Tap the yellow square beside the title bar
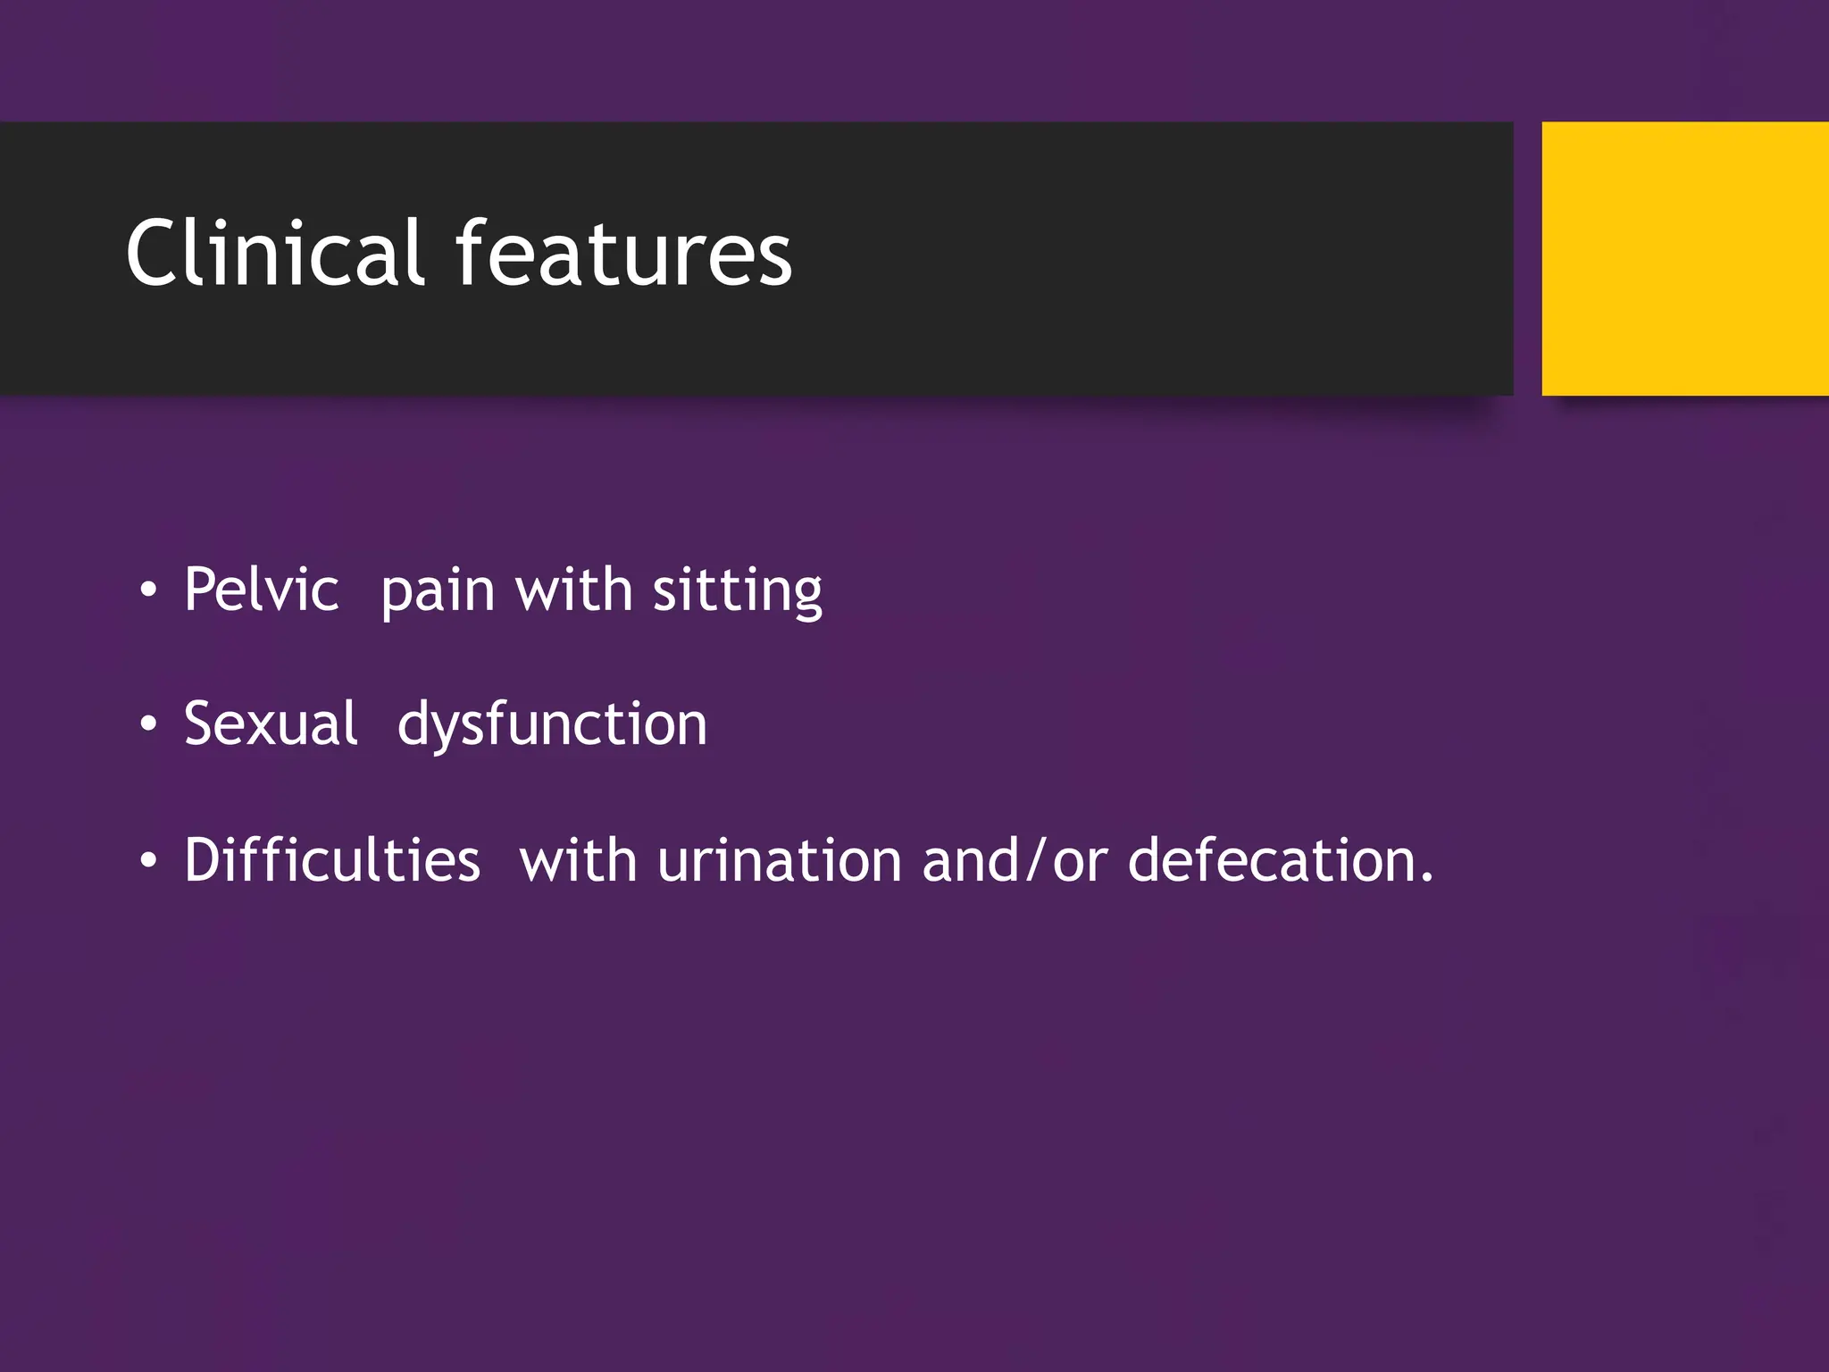pyautogui.click(x=1684, y=258)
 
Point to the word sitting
pyautogui.click(x=737, y=591)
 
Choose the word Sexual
pyautogui.click(x=271, y=724)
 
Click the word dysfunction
pyautogui.click(x=552, y=724)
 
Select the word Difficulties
pyautogui.click(x=332, y=859)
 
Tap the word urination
pyautogui.click(x=780, y=861)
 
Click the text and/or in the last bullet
pyautogui.click(x=1015, y=861)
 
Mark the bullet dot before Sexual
pyautogui.click(x=148, y=725)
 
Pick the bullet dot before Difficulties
pyautogui.click(x=148, y=861)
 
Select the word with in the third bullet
pyautogui.click(x=578, y=860)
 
